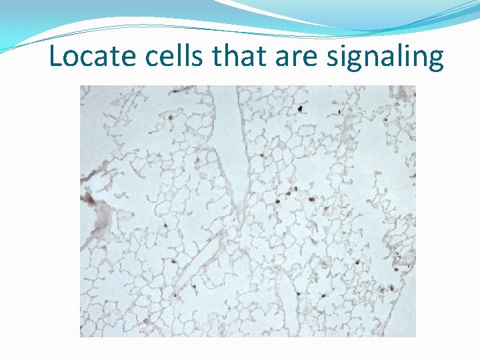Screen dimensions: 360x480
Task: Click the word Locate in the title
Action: point(89,57)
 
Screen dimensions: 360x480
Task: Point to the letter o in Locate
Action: point(71,59)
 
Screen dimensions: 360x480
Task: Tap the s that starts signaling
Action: point(333,59)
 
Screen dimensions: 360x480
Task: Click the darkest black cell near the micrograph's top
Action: point(301,108)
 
